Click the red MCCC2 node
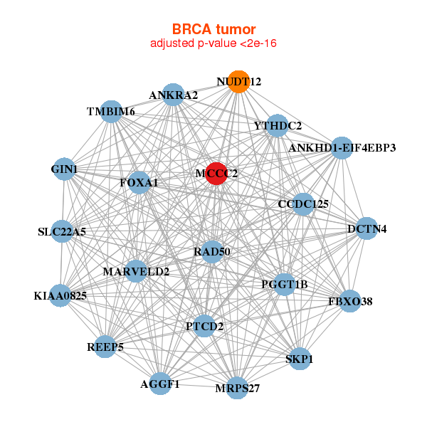pyautogui.click(x=216, y=173)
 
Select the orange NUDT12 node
pyautogui.click(x=239, y=82)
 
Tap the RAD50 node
pyautogui.click(x=212, y=252)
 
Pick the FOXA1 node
pyautogui.click(x=139, y=183)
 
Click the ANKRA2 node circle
pyautogui.click(x=174, y=95)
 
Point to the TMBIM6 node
pyautogui.click(x=111, y=112)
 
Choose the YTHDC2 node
pyautogui.click(x=277, y=126)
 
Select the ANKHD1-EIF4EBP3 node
pyautogui.click(x=342, y=148)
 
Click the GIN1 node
pyautogui.click(x=65, y=169)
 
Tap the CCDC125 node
pyautogui.click(x=303, y=204)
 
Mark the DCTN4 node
pyautogui.click(x=367, y=229)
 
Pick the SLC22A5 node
pyautogui.click(x=61, y=232)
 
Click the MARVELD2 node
pyautogui.click(x=136, y=271)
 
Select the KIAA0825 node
pyautogui.click(x=60, y=295)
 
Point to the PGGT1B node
pyautogui.click(x=284, y=285)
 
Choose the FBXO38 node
pyautogui.click(x=350, y=301)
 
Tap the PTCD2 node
pyautogui.click(x=205, y=327)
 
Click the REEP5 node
pyautogui.click(x=105, y=347)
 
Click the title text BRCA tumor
pyautogui.click(x=213, y=29)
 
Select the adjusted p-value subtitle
pyautogui.click(x=213, y=43)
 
